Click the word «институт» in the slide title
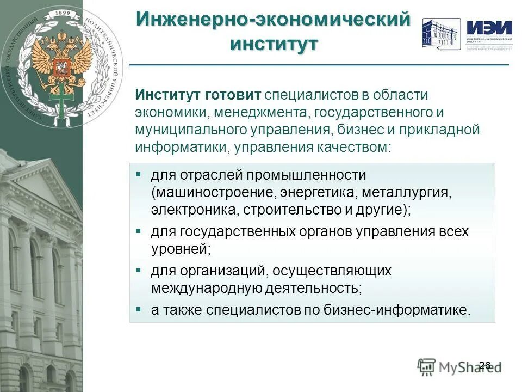click(x=274, y=43)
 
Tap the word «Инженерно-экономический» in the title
click(x=272, y=19)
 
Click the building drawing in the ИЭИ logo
click(x=441, y=34)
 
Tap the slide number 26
click(x=485, y=365)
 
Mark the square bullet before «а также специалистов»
click(x=139, y=309)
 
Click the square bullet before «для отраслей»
click(x=139, y=175)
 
